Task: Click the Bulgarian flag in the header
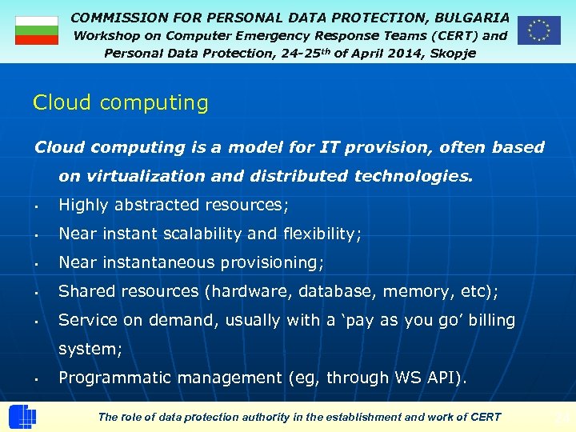coord(37,30)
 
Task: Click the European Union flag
coord(538,30)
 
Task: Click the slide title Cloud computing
coord(120,103)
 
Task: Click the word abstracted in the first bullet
coord(158,206)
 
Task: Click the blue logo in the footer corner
coord(22,418)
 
